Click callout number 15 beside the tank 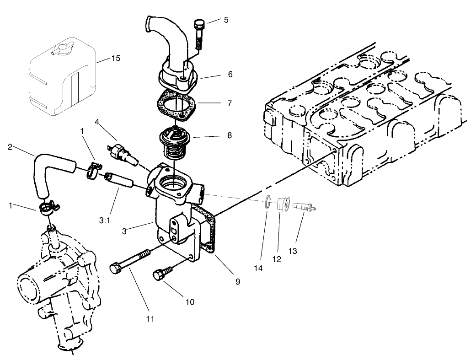point(116,59)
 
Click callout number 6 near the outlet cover point(230,74)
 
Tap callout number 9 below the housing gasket point(237,282)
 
